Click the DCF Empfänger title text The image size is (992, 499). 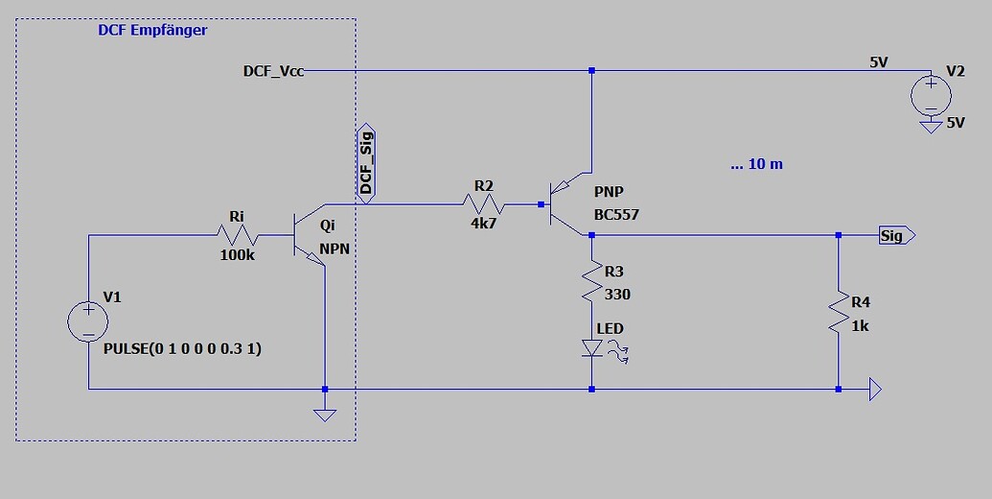[152, 30]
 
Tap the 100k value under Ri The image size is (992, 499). [236, 256]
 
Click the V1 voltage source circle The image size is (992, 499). [88, 321]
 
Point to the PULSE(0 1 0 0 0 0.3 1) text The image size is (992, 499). [182, 349]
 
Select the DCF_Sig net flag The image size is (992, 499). [366, 162]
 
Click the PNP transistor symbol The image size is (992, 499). [567, 203]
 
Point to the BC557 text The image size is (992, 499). [616, 215]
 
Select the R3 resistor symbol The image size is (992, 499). [592, 281]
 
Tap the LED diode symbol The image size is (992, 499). [593, 348]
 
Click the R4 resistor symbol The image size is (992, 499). [839, 312]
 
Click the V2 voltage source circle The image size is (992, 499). [929, 95]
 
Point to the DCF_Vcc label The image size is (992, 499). [274, 71]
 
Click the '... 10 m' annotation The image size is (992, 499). [756, 164]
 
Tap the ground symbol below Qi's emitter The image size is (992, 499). [325, 414]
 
